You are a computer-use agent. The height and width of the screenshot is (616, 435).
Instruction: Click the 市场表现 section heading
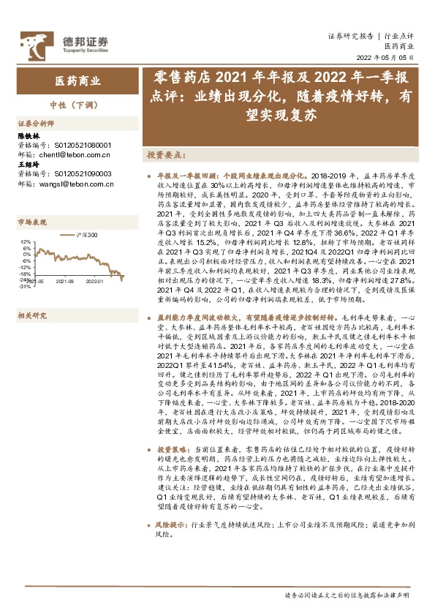pyautogui.click(x=31, y=222)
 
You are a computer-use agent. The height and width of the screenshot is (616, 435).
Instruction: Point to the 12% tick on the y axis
pyautogui.click(x=25, y=241)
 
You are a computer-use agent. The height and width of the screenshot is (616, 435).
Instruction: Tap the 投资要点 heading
pyautogui.click(x=164, y=156)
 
